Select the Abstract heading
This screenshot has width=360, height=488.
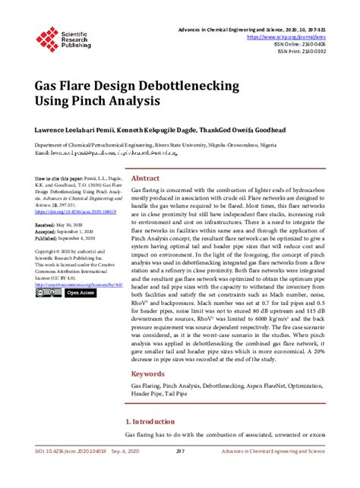(146, 178)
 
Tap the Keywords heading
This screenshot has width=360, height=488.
(148, 373)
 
